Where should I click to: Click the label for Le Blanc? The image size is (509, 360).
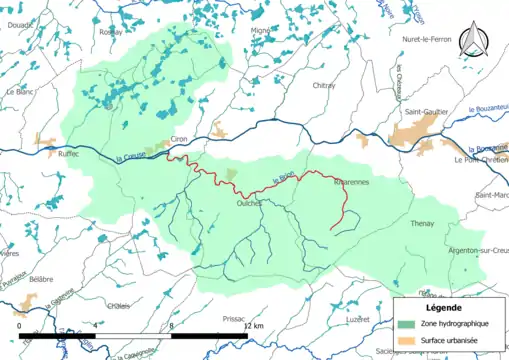20,92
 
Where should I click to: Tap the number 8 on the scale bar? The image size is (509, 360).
172,326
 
